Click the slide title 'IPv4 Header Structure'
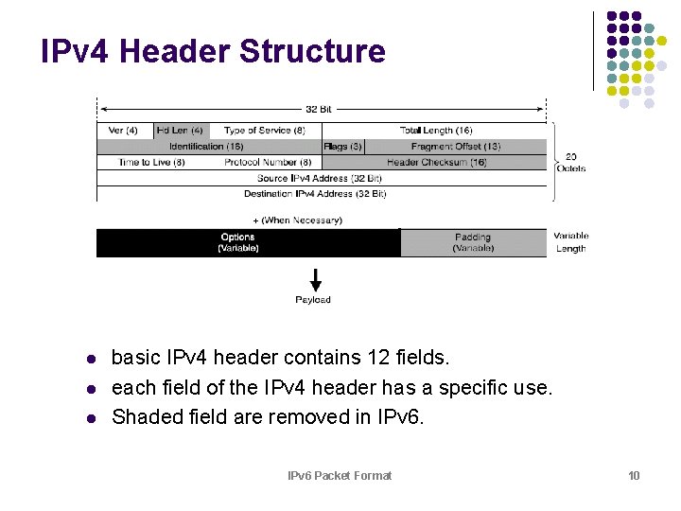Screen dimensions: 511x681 (x=213, y=51)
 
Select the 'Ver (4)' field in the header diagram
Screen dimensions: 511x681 (x=124, y=131)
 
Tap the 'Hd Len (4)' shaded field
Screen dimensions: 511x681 (x=181, y=131)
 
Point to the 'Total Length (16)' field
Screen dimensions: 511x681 (x=435, y=131)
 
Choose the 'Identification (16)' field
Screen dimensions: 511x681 (x=205, y=147)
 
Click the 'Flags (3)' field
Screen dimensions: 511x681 (x=342, y=147)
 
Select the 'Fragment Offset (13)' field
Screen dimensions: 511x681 (x=456, y=147)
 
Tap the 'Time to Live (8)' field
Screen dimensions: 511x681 (x=151, y=163)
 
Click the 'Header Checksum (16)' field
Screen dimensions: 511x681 (x=436, y=163)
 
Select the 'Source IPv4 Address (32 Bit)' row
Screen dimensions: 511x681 (x=319, y=178)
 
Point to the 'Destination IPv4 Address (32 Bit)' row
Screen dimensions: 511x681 (x=315, y=194)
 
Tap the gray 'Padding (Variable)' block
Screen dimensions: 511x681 (x=473, y=243)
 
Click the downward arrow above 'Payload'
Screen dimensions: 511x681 (x=315, y=280)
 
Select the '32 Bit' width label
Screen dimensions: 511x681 (x=319, y=109)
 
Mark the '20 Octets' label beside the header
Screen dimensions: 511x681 (x=571, y=162)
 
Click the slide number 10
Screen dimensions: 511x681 (x=634, y=475)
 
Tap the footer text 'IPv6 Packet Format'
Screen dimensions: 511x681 (x=340, y=475)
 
